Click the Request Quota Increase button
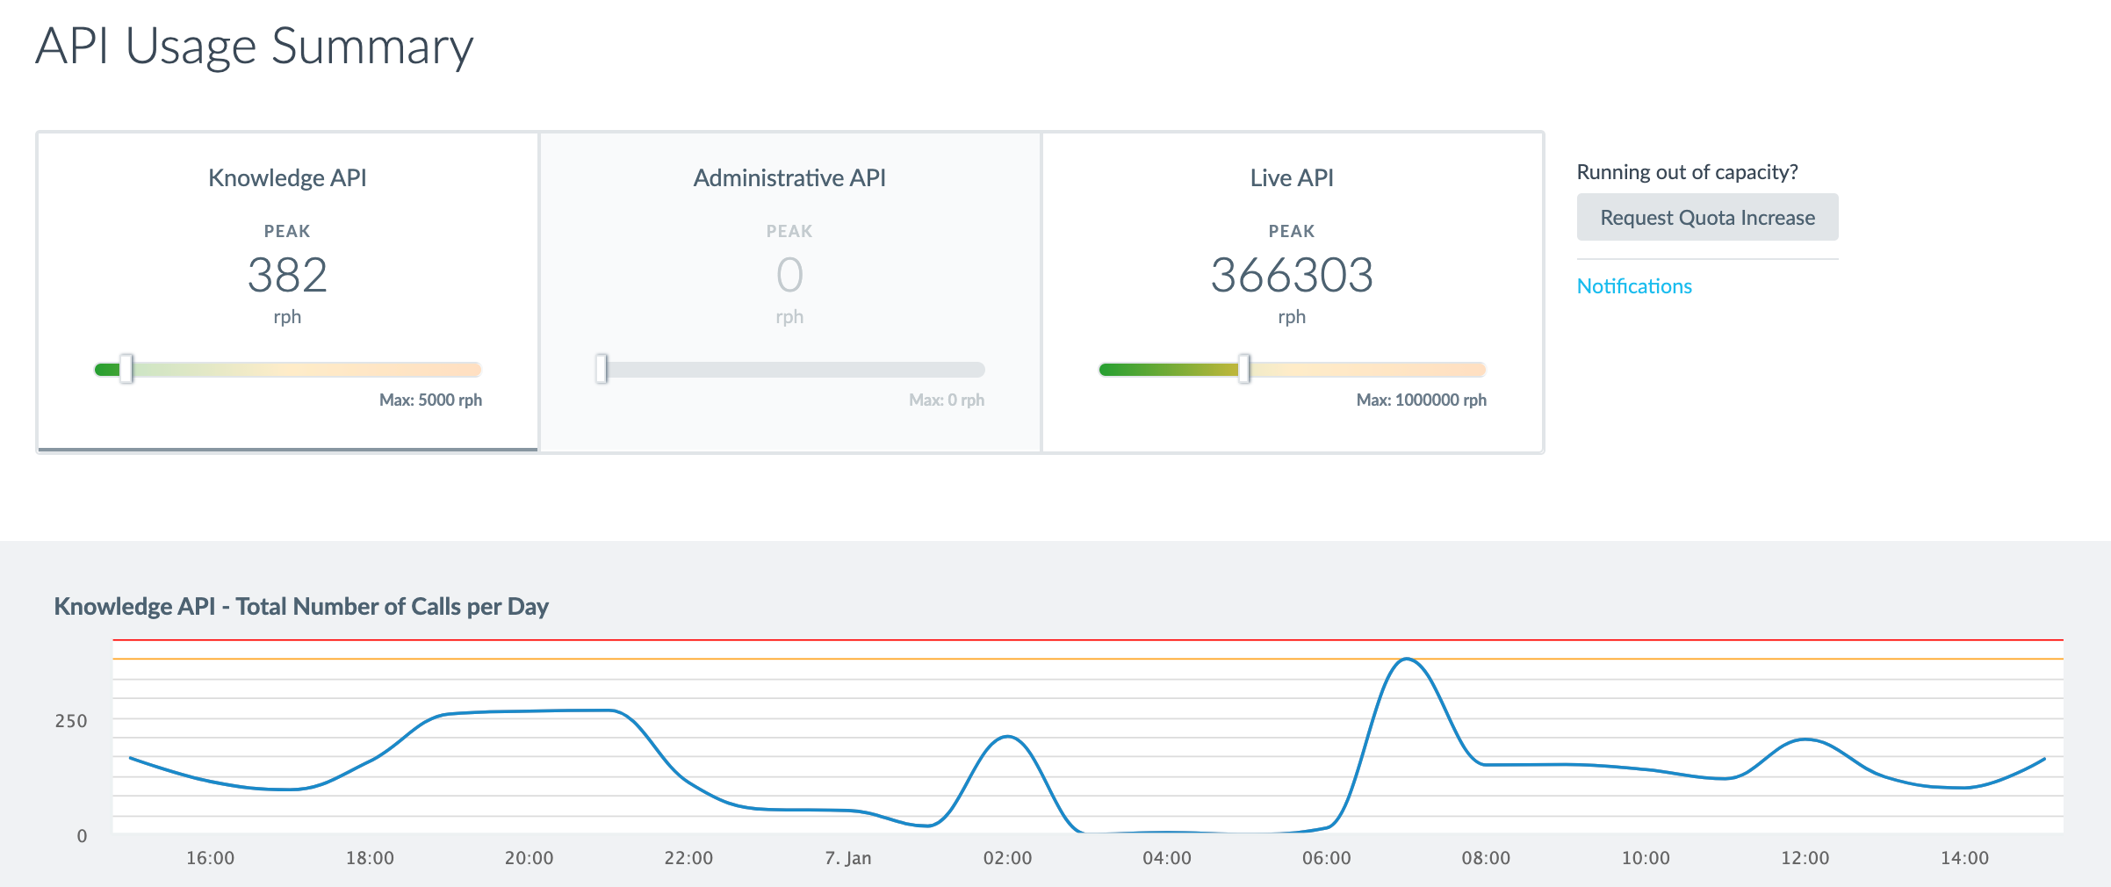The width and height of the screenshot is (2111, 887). pos(1707,217)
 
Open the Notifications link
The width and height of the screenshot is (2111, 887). pos(1634,286)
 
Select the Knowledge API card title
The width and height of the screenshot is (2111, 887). pos(287,178)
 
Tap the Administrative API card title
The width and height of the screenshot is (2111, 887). pos(789,178)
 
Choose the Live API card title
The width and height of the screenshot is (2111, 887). pos(1292,178)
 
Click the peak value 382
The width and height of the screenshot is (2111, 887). pos(287,275)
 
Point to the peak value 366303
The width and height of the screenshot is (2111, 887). pos(1292,275)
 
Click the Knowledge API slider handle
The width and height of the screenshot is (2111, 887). pos(126,369)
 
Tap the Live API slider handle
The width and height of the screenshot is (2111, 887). pos(1244,369)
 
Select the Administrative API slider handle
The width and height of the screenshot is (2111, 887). pos(602,369)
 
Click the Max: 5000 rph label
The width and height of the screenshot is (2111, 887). pos(430,400)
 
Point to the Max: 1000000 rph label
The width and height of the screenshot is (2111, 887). pos(1422,400)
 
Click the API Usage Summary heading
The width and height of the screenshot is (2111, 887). pos(255,47)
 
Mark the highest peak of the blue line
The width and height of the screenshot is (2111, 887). pos(1407,659)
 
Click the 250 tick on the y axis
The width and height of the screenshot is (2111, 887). pos(71,721)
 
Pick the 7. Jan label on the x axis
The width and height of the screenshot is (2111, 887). pos(848,858)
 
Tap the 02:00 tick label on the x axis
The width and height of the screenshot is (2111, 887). pos(1007,858)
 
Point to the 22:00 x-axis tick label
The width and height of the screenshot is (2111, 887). pos(688,858)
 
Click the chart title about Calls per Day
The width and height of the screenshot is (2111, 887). pos(301,607)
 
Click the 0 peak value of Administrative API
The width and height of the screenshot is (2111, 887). pos(789,275)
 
